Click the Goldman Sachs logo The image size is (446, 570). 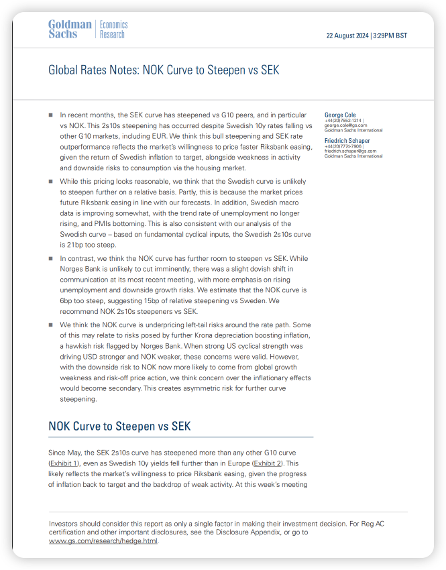point(70,30)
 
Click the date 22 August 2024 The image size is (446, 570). point(347,36)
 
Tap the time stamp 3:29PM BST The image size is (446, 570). point(390,36)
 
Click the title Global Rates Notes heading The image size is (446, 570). point(164,70)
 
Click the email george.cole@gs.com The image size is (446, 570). point(345,125)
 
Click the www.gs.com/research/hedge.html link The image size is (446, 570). point(103,540)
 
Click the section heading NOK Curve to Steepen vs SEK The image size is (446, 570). point(119,426)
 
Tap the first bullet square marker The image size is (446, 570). point(50,115)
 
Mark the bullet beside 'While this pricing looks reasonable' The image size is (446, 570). point(50,181)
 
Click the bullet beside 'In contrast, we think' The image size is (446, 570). point(50,258)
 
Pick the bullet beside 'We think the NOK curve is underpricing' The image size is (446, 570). point(50,324)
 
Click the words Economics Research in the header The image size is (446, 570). point(113,30)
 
